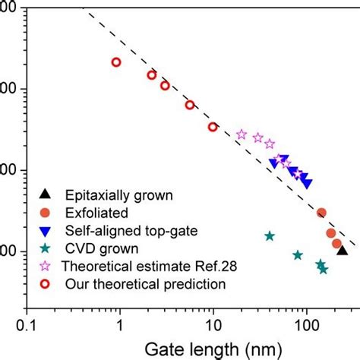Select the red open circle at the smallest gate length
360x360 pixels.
pos(116,62)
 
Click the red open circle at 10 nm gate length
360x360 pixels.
pos(213,127)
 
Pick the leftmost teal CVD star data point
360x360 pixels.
pos(270,236)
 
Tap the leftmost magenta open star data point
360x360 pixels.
pos(242,134)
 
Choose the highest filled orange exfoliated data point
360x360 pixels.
pos(321,213)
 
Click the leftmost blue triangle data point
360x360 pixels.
pos(274,163)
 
